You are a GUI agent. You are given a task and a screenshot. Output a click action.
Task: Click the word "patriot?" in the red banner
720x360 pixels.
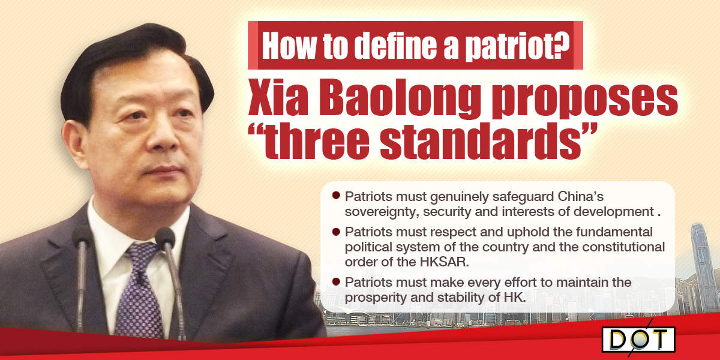518,46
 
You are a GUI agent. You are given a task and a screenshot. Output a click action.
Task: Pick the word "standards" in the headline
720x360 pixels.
481,141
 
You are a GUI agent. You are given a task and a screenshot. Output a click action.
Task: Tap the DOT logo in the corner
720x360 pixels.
638,340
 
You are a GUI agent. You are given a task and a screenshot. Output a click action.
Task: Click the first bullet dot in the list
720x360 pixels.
336,196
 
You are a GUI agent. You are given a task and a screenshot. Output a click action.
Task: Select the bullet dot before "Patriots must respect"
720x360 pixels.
336,232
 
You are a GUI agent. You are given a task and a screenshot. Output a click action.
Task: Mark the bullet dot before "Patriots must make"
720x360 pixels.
336,282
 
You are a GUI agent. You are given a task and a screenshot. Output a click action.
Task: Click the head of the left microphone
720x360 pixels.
82,236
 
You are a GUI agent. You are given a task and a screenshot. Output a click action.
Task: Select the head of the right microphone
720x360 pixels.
165,238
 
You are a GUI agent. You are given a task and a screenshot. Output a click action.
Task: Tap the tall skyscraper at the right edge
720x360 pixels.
703,268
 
